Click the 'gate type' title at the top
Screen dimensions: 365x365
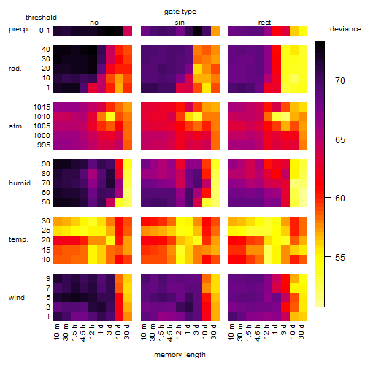pyautogui.click(x=180, y=12)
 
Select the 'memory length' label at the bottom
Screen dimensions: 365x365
pyautogui.click(x=180, y=355)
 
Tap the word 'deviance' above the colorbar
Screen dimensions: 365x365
pyautogui.click(x=345, y=29)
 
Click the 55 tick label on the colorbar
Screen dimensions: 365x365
pyautogui.click(x=340, y=257)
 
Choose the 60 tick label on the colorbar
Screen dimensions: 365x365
pyautogui.click(x=340, y=199)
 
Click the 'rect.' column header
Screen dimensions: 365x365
pyautogui.click(x=266, y=23)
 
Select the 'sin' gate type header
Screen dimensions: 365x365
pyautogui.click(x=180, y=23)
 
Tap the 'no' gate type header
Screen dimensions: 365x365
pyautogui.click(x=94, y=23)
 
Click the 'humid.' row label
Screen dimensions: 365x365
pyautogui.click(x=20, y=183)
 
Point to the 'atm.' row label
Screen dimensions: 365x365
pyautogui.click(x=16, y=126)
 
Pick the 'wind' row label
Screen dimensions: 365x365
pyautogui.click(x=17, y=298)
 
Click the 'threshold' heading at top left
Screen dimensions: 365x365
pyautogui.click(x=41, y=18)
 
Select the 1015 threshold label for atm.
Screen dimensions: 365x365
pyautogui.click(x=42, y=107)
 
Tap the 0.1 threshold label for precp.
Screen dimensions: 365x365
pyautogui.click(x=45, y=31)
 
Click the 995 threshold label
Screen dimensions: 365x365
pyautogui.click(x=44, y=145)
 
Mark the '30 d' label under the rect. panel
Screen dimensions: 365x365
pyautogui.click(x=301, y=331)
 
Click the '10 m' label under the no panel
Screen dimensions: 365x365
pyautogui.click(x=56, y=332)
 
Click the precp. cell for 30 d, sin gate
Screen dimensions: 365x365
pyautogui.click(x=215, y=31)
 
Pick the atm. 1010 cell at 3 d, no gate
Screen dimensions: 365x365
pyautogui.click(x=110, y=117)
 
